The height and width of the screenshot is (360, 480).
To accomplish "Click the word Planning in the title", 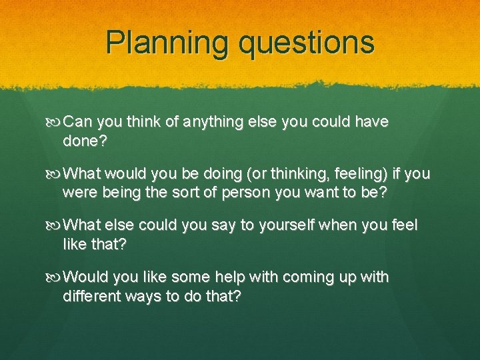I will tap(167, 43).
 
